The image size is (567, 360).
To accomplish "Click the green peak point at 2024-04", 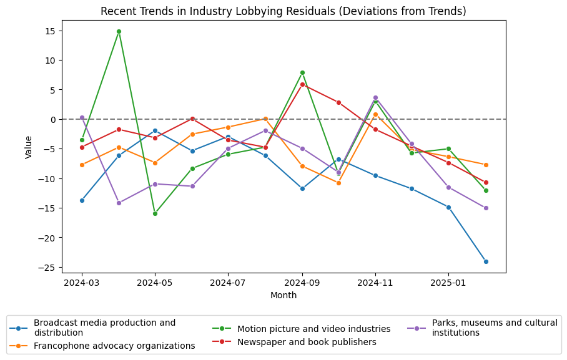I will tap(119, 31).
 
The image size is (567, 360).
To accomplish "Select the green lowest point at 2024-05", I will tap(155, 213).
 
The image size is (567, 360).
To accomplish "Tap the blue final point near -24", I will tap(486, 261).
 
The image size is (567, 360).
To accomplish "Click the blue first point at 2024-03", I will tap(82, 200).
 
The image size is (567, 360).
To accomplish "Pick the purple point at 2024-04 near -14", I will tap(119, 203).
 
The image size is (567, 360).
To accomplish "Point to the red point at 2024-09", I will tap(302, 84).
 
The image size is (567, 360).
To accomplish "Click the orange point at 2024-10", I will tap(338, 183).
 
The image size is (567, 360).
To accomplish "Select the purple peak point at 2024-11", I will tap(375, 97).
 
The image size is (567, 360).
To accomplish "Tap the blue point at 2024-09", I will tap(302, 188).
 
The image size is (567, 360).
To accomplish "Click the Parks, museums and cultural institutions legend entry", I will tap(494, 328).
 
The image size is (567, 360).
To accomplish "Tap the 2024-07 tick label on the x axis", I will tap(228, 283).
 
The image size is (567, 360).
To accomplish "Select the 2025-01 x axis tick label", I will tap(448, 283).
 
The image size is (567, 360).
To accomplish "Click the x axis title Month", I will tap(283, 296).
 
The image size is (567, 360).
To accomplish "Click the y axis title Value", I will tap(29, 147).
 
